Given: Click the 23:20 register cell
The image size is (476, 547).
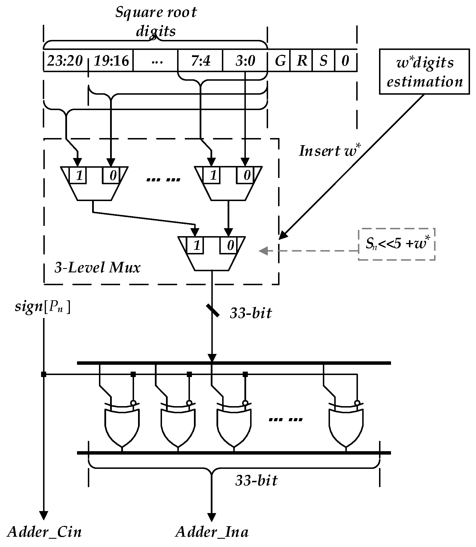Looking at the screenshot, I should click(x=65, y=61).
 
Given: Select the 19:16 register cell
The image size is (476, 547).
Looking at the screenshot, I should click(x=111, y=61).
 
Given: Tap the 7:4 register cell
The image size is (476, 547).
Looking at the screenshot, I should click(x=200, y=61).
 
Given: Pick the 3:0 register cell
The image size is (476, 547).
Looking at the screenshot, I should click(x=245, y=61).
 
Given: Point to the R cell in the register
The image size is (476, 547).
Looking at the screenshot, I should click(x=301, y=61).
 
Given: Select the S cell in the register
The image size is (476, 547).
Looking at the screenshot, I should click(x=323, y=61).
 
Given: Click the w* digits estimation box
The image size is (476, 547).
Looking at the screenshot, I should click(x=424, y=72).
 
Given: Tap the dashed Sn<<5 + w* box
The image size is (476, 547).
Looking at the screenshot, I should click(x=396, y=244).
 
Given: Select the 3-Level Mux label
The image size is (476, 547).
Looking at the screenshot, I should click(x=98, y=268).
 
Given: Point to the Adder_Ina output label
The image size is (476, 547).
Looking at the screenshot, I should click(x=212, y=532).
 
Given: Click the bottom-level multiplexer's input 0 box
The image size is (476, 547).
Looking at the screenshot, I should click(x=230, y=245).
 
